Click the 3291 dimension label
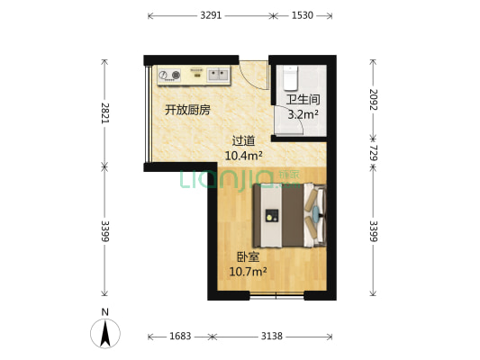pos(211,15)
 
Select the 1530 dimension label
pos(302,15)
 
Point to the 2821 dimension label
pos(104,112)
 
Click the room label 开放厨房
pos(186,111)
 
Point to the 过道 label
pos(243,140)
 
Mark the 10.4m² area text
pos(243,155)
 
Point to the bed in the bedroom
pos(289,214)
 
